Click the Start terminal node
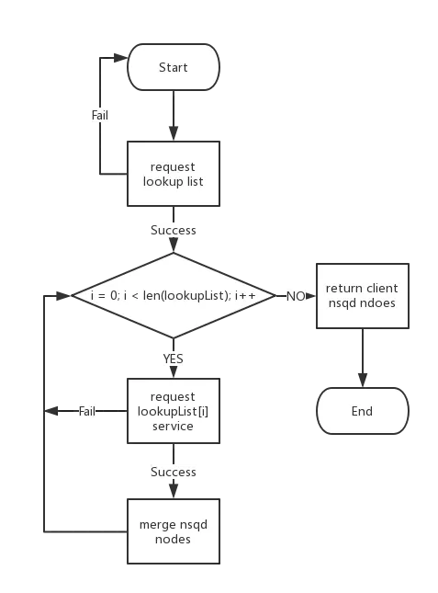tap(173, 67)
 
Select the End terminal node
tap(362, 411)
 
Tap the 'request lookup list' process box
tap(173, 174)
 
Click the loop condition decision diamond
tap(173, 295)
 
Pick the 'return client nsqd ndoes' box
tap(362, 295)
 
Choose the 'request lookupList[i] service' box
tap(173, 410)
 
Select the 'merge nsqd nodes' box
tap(173, 531)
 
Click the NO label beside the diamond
tap(297, 296)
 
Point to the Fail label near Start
tap(99, 117)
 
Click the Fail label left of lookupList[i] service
tap(86, 410)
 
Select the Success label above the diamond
tap(173, 230)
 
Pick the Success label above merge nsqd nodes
tap(173, 472)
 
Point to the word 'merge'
tap(156, 524)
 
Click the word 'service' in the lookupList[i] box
tap(173, 426)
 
